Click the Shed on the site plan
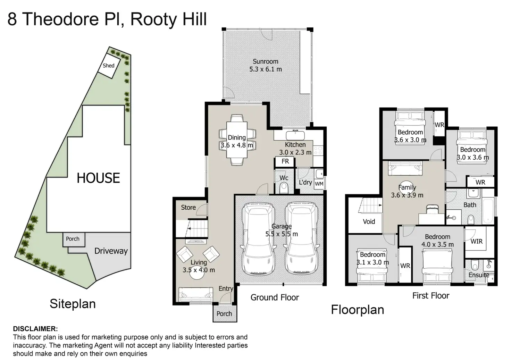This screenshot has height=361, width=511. click(x=109, y=66)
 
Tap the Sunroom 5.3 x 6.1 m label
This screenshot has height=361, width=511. click(x=266, y=65)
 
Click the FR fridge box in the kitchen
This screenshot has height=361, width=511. click(x=285, y=161)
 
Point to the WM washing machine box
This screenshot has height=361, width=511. click(x=319, y=184)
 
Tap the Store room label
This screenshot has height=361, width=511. click(x=188, y=207)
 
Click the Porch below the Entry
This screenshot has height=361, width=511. click(x=224, y=314)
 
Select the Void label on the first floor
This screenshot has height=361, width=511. click(x=369, y=221)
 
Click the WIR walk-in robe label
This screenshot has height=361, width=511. click(x=476, y=241)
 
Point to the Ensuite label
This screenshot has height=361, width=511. click(x=479, y=275)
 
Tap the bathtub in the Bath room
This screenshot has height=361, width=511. click(x=487, y=210)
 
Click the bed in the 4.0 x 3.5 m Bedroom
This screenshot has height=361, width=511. click(x=437, y=266)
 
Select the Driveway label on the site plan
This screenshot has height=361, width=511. click(x=111, y=251)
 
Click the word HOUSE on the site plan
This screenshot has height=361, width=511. click(x=98, y=178)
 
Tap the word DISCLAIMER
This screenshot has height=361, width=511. click(x=35, y=329)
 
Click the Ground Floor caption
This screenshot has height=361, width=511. click(x=275, y=297)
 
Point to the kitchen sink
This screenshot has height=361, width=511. click(x=295, y=135)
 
